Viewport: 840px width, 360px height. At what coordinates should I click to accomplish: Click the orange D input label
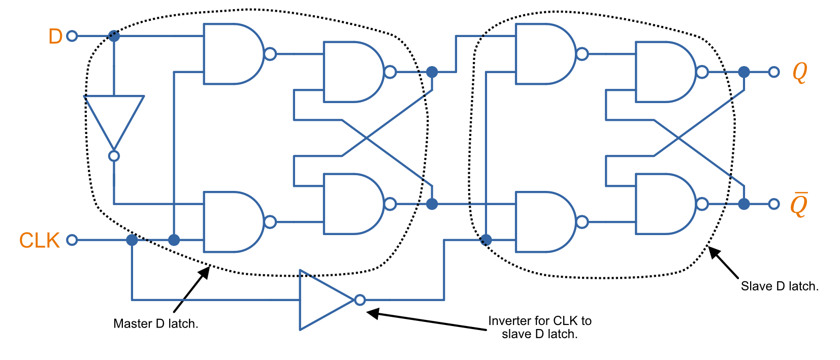(x=55, y=37)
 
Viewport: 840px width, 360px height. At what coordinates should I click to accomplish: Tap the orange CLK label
(x=40, y=240)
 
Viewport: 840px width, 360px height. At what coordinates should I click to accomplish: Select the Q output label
(x=799, y=73)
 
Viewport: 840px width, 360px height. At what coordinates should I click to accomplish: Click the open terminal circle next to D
(x=72, y=36)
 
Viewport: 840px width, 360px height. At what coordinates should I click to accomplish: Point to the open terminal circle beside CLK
(x=72, y=240)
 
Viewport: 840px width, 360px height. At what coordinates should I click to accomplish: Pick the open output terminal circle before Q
(x=774, y=72)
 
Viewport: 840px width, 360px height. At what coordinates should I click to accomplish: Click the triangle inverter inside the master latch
(x=114, y=119)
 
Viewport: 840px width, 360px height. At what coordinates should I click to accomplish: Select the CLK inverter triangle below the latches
(x=325, y=300)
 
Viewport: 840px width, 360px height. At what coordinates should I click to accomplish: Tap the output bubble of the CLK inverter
(x=360, y=300)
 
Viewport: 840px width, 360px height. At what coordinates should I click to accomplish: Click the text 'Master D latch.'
(x=155, y=324)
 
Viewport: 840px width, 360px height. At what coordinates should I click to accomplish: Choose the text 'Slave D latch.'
(x=780, y=286)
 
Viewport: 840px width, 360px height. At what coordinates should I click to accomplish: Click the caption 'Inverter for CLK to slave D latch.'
(x=540, y=328)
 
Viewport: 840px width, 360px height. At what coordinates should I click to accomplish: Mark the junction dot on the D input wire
(x=114, y=36)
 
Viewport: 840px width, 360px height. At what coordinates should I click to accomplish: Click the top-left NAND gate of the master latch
(x=231, y=54)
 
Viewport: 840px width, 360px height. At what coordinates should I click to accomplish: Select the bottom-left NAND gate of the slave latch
(x=543, y=222)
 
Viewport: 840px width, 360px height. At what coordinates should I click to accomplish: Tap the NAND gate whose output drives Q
(x=663, y=72)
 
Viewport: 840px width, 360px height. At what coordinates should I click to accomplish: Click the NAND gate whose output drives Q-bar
(x=663, y=204)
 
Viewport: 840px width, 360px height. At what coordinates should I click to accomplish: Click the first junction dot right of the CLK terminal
(x=132, y=240)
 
